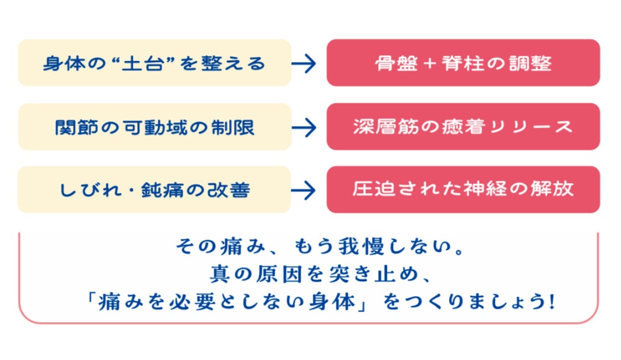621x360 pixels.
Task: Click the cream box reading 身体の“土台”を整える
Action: pos(155,63)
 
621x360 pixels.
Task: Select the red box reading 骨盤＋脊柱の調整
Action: pos(463,63)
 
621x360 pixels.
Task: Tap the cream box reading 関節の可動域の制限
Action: pos(155,127)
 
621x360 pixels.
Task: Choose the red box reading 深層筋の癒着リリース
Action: pos(463,127)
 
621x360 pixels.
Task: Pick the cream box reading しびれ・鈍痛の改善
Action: pos(155,189)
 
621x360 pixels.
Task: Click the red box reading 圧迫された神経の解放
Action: pos(463,189)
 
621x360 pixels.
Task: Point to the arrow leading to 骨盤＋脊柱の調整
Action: pos(304,63)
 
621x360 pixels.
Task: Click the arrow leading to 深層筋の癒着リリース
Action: pos(304,127)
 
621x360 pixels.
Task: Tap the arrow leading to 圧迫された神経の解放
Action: pos(304,191)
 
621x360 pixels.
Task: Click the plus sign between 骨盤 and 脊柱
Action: pos(430,64)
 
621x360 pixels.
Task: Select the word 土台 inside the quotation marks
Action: pos(143,63)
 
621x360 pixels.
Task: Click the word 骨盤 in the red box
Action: pos(396,63)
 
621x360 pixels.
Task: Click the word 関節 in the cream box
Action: pos(76,127)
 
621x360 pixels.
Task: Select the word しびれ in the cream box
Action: pos(90,190)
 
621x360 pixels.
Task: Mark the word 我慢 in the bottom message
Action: pos(361,246)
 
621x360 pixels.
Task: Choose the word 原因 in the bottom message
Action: pos(279,274)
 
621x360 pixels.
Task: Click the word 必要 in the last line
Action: pos(193,302)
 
